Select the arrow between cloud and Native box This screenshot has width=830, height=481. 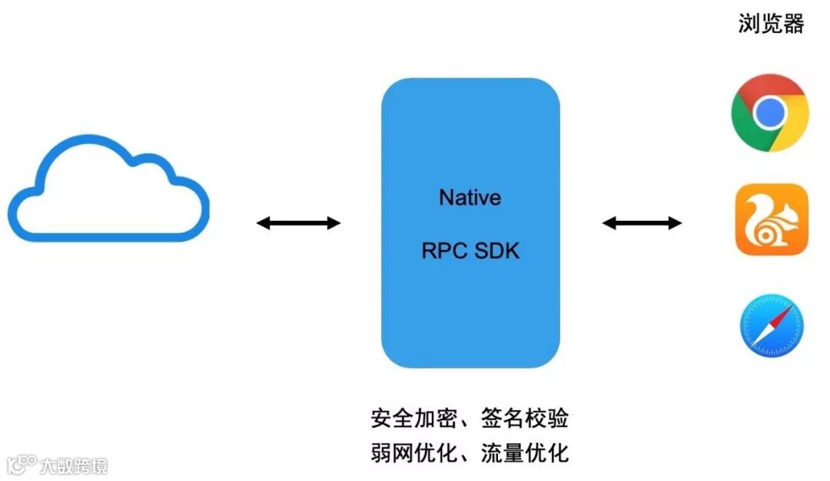[x=298, y=223]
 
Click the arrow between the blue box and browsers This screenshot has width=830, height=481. [x=642, y=223]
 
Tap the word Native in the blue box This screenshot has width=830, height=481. [x=470, y=198]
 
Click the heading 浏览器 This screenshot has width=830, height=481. [x=771, y=24]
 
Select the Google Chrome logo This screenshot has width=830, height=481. [x=769, y=113]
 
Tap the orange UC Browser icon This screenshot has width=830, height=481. [x=772, y=219]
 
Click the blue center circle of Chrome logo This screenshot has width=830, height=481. [x=769, y=113]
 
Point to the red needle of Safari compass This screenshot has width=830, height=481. [x=781, y=315]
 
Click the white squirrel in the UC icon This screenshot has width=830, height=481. [x=771, y=219]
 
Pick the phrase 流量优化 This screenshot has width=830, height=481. [x=525, y=453]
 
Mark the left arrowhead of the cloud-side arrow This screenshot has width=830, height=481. [x=262, y=223]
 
